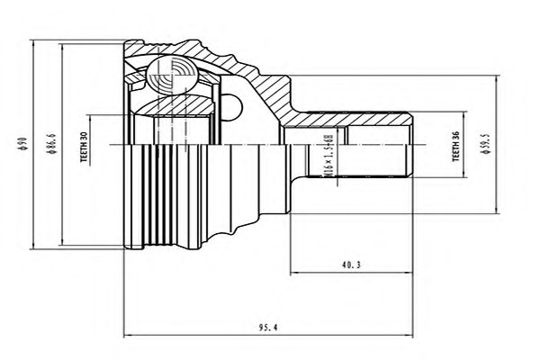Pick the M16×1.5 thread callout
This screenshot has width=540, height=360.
325,157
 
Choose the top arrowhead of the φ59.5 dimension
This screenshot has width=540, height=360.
494,77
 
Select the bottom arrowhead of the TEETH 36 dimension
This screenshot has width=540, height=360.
463,175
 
